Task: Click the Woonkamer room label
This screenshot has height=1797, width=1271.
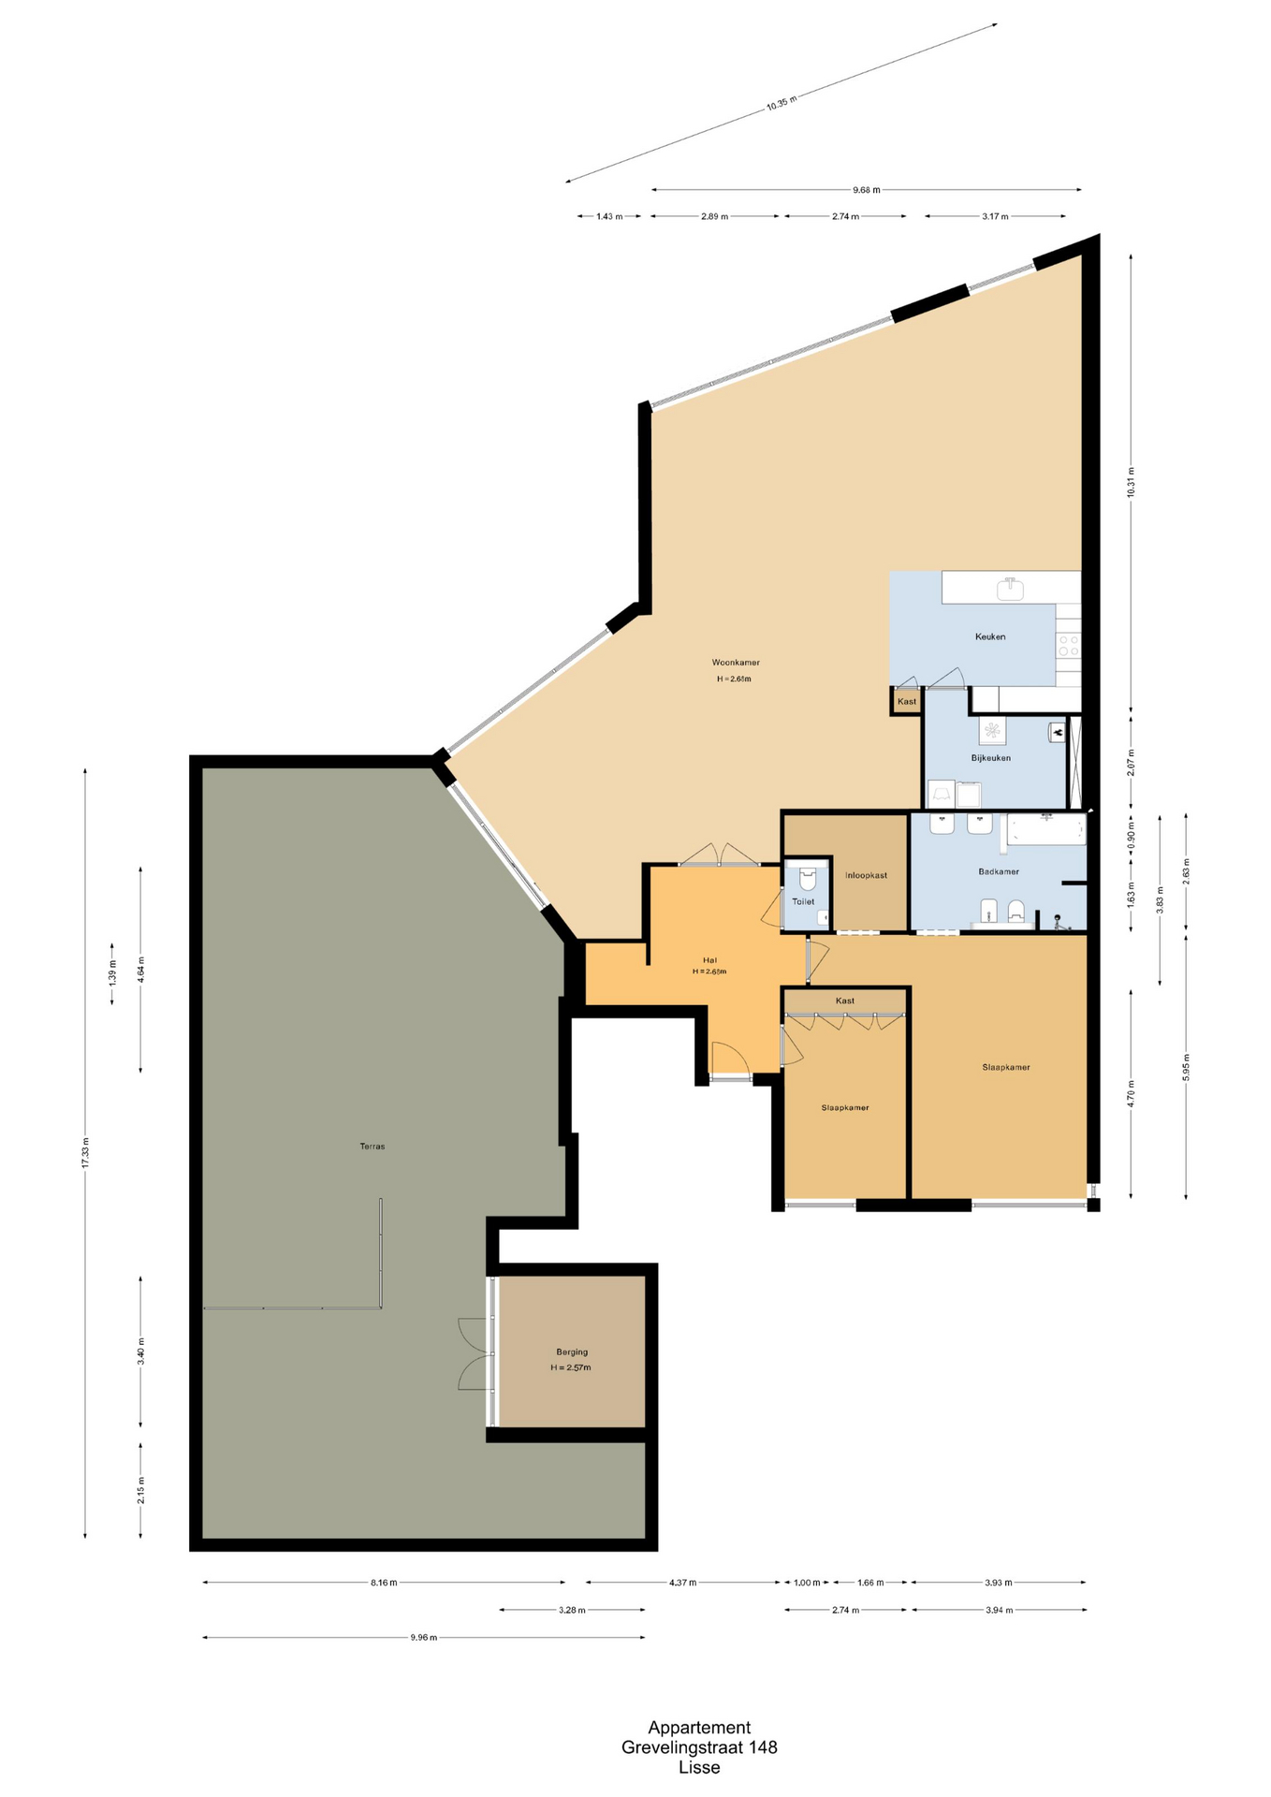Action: [x=736, y=663]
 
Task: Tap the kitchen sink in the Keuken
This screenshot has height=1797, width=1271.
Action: [x=1010, y=589]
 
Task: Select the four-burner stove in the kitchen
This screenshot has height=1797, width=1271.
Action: [x=1068, y=645]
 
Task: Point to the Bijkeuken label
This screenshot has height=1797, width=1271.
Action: [x=990, y=758]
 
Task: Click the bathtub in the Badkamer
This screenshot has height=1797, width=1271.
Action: [x=1045, y=830]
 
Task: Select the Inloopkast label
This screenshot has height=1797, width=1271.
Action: [x=866, y=875]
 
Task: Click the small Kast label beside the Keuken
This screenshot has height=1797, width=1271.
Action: [x=907, y=701]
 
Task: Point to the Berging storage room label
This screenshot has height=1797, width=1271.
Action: [x=572, y=1351]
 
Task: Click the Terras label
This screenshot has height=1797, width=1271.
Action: [x=373, y=1146]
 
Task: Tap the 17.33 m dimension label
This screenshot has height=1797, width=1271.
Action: [x=85, y=1152]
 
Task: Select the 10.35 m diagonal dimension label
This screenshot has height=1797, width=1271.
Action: [x=781, y=103]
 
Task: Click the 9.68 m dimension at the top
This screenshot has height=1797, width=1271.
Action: [x=867, y=190]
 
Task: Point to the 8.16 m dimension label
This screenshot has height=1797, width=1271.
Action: [x=384, y=1583]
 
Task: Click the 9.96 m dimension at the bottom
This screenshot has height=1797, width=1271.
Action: [x=424, y=1638]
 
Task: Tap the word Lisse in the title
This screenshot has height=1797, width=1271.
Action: [x=699, y=1767]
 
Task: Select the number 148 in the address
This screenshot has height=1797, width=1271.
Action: [x=763, y=1746]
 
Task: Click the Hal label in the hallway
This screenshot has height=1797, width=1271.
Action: [x=709, y=960]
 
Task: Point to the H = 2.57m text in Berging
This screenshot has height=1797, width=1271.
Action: [x=571, y=1367]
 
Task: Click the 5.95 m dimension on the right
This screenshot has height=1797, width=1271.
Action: [x=1186, y=1067]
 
